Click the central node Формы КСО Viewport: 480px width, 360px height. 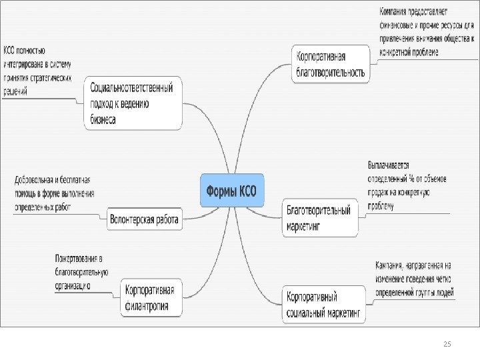[x=234, y=190]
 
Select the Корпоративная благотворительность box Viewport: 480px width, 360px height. [x=331, y=63]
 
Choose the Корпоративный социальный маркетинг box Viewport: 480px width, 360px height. [x=323, y=304]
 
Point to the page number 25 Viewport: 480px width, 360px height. [x=447, y=343]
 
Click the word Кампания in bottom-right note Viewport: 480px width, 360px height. [x=391, y=265]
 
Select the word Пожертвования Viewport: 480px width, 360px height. [x=77, y=258]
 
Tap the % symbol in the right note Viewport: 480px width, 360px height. [x=412, y=178]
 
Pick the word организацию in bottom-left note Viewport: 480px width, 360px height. [x=73, y=285]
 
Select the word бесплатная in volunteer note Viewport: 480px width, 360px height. [x=75, y=179]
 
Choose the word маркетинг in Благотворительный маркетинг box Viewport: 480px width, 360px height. [x=303, y=226]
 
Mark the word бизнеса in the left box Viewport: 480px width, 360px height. [x=103, y=120]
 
